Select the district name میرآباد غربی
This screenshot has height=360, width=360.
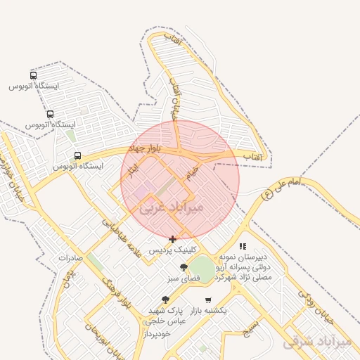click(x=172, y=207)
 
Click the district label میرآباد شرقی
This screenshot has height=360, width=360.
click(x=316, y=342)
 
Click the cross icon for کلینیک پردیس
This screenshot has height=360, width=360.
click(x=173, y=239)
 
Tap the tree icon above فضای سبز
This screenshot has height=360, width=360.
click(x=184, y=267)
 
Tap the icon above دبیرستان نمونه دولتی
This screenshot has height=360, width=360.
click(x=243, y=246)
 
